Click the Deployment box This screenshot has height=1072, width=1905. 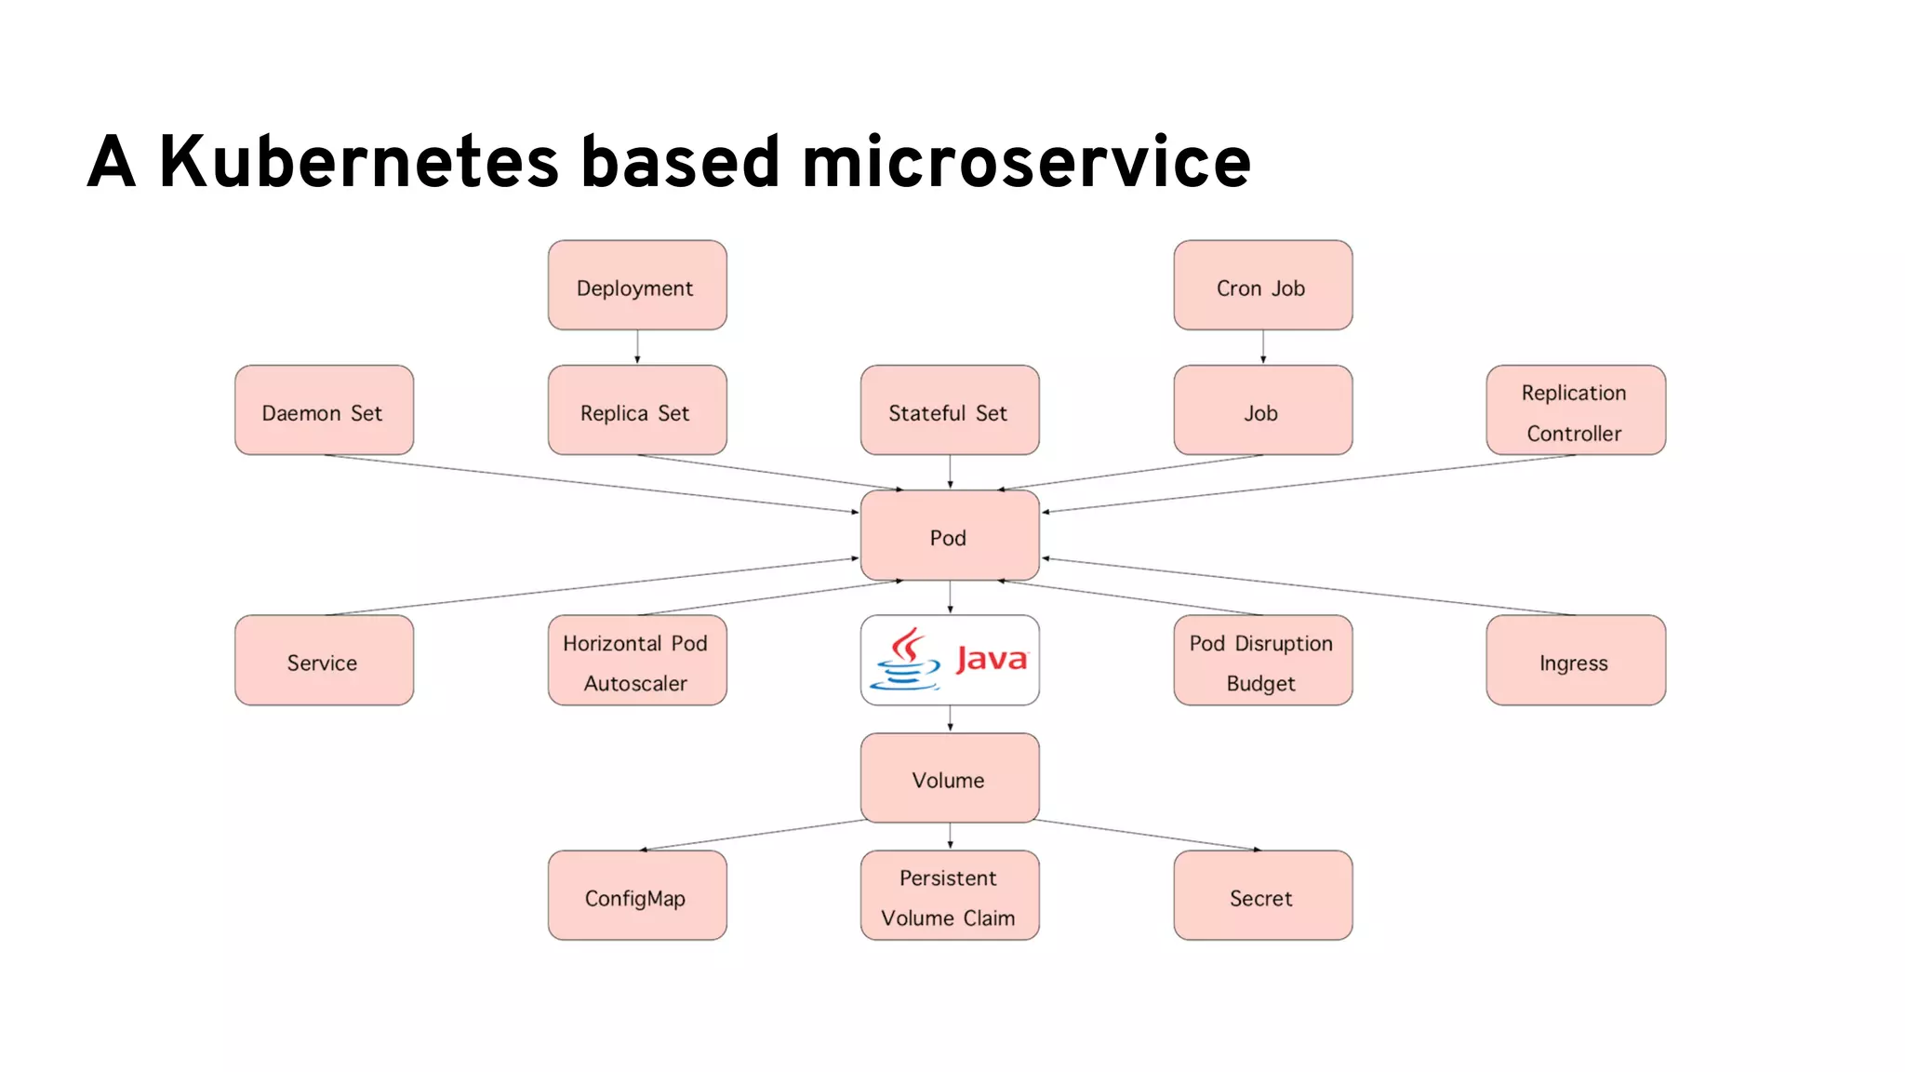pyautogui.click(x=637, y=286)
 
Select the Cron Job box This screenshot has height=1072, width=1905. pyautogui.click(x=1262, y=286)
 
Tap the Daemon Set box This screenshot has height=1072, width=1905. pyautogui.click(x=324, y=410)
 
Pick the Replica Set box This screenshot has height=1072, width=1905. pyautogui.click(x=637, y=410)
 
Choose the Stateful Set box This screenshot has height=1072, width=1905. pyautogui.click(x=950, y=410)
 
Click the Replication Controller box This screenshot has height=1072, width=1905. pyautogui.click(x=1576, y=410)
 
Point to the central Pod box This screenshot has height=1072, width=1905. pyautogui.click(x=950, y=536)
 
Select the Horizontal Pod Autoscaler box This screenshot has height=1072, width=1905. pyautogui.click(x=637, y=661)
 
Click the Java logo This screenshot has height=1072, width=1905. pyautogui.click(x=950, y=660)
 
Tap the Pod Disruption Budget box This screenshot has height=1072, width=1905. pyautogui.click(x=1262, y=661)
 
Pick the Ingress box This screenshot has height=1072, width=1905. pyautogui.click(x=1576, y=661)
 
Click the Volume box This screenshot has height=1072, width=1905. pyautogui.click(x=950, y=778)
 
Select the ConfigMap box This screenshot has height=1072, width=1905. pyautogui.click(x=637, y=896)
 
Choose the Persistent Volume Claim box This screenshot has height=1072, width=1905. pyautogui.click(x=950, y=896)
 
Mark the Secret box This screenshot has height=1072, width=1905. pyautogui.click(x=1262, y=896)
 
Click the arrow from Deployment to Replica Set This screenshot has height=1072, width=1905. pyautogui.click(x=637, y=347)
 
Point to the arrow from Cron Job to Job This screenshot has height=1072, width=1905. pyautogui.click(x=1263, y=347)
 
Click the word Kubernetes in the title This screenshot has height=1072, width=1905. pyautogui.click(x=359, y=162)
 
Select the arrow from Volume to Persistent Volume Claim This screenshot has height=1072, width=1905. pyautogui.click(x=950, y=836)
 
